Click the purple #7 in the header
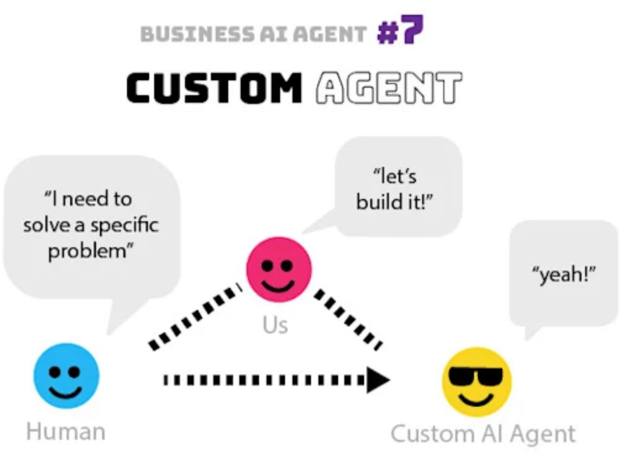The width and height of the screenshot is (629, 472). point(400,30)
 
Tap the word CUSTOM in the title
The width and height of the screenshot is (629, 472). point(214,87)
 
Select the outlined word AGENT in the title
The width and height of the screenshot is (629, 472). point(389,87)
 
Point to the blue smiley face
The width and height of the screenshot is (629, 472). point(66,376)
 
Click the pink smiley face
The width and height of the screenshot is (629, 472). point(279,269)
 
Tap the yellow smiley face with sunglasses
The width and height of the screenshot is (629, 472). point(477,382)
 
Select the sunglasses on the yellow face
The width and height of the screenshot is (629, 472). point(476,376)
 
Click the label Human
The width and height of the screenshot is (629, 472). point(66,432)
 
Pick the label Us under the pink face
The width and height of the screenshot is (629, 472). point(276,325)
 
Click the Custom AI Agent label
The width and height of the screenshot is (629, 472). point(483,434)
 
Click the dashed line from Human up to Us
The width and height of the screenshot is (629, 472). point(196,317)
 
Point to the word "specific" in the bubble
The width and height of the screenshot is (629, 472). point(125,225)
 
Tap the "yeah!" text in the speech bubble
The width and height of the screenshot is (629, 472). point(564,275)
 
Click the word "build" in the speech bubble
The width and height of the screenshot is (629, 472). point(380,201)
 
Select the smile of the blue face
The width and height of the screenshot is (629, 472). point(65,391)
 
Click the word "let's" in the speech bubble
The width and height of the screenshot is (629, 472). point(395,176)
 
